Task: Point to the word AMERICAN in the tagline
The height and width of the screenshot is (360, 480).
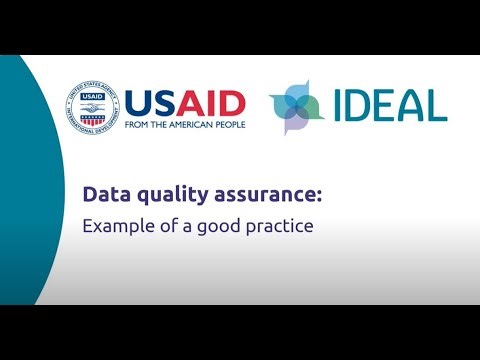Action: click(x=191, y=125)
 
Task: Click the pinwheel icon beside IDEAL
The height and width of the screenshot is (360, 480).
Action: click(x=296, y=106)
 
